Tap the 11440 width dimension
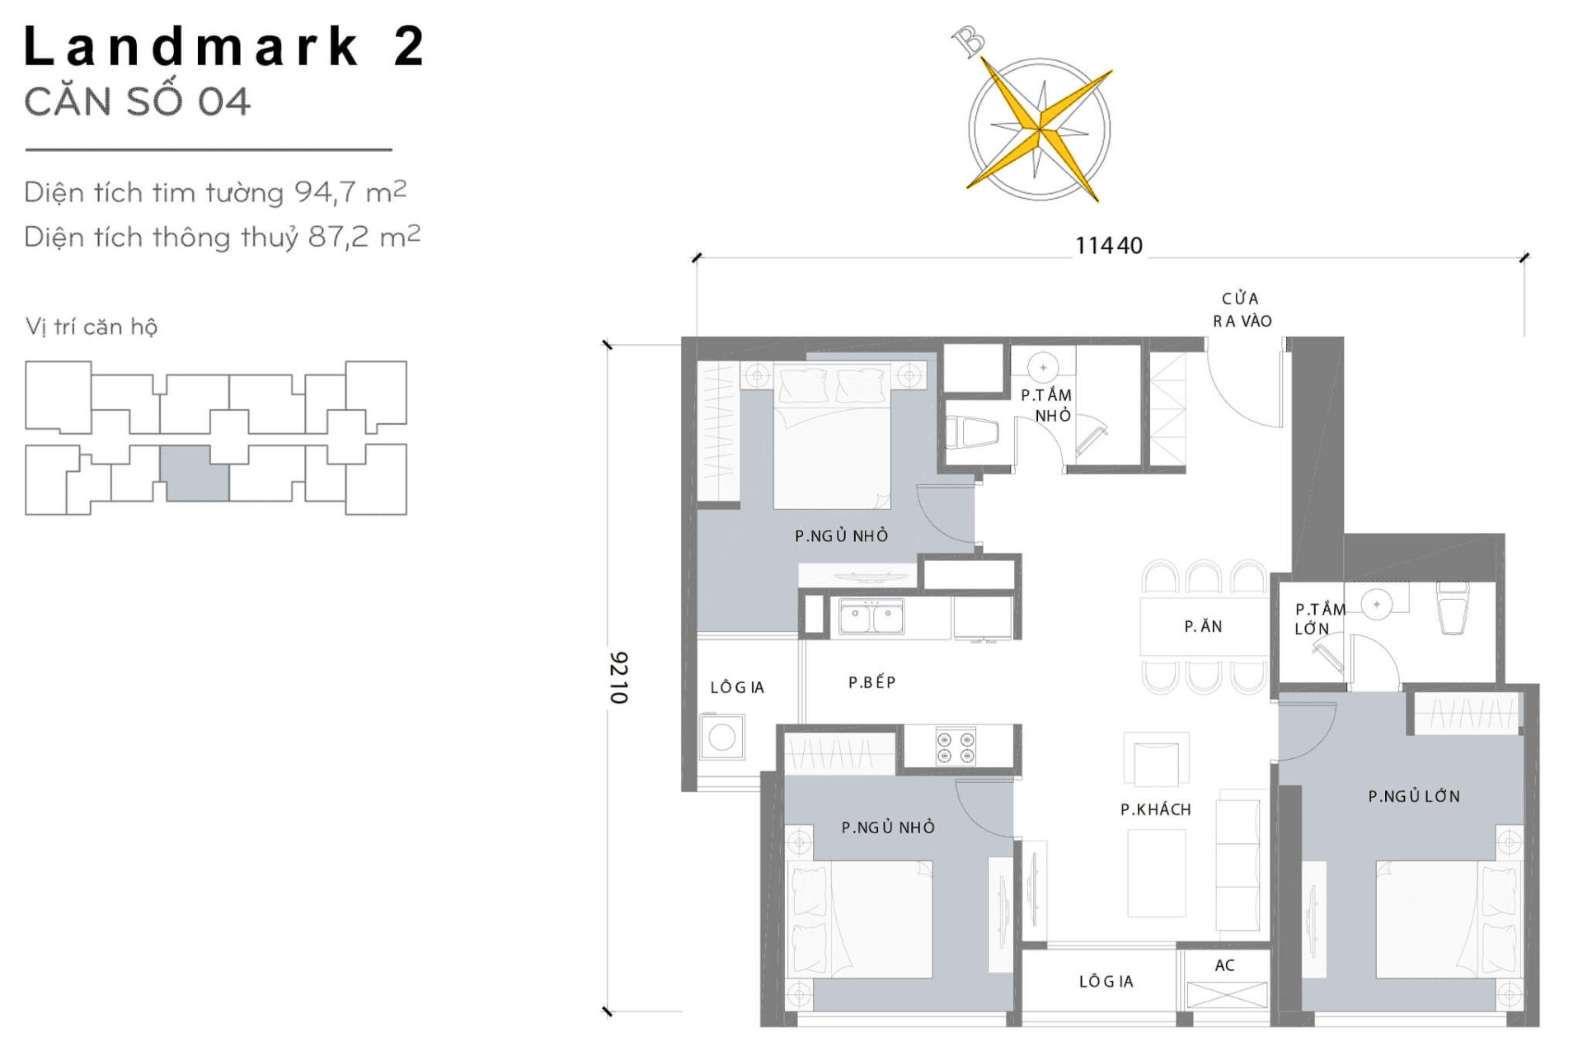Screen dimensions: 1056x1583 tap(1108, 245)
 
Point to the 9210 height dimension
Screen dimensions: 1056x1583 tap(618, 677)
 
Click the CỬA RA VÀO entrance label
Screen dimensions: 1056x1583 tap(1242, 309)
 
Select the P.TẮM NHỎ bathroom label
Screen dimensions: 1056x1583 tap(1046, 405)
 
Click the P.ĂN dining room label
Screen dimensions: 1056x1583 tap(1203, 626)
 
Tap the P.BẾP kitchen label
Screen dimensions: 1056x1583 tap(871, 682)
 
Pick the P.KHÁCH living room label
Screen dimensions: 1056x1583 tap(1155, 809)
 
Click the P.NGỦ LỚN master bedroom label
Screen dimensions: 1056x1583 tap(1413, 796)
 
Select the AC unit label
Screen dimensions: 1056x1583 tap(1224, 964)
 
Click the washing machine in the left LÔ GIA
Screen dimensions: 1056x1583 tap(721, 737)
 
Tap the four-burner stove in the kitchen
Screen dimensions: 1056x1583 tap(956, 747)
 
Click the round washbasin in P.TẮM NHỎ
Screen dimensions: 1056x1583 tap(1043, 367)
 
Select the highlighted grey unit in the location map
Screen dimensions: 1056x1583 tap(194, 473)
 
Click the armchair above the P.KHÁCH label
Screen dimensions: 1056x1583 tap(1156, 761)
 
